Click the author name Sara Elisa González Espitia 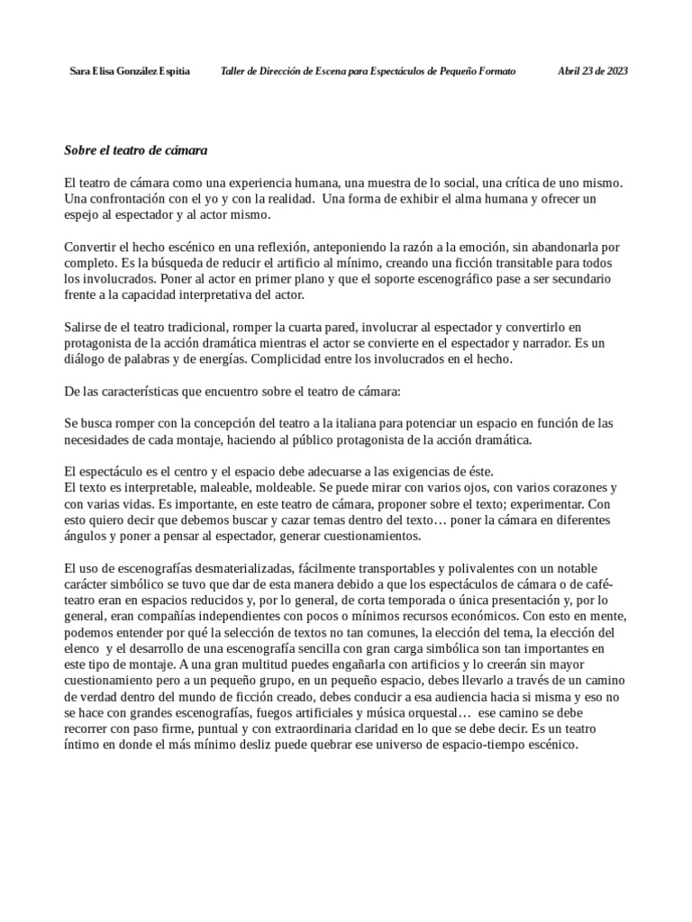point(130,71)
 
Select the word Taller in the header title point(234,71)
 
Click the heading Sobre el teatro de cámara point(136,149)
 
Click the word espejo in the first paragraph point(83,215)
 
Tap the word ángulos point(86,536)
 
